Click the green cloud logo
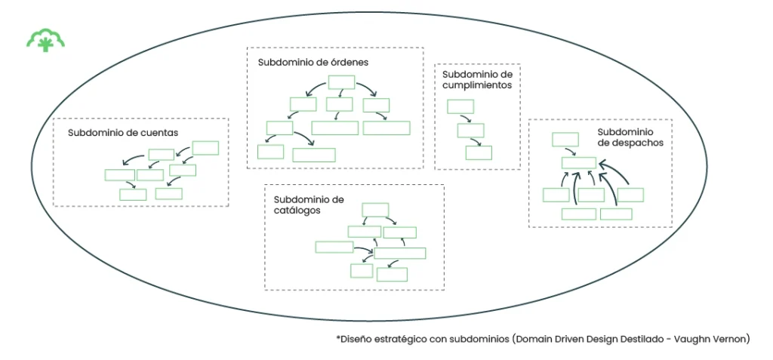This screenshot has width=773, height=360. [45, 40]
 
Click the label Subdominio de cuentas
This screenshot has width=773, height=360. [123, 133]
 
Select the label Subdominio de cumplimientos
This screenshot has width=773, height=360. [477, 80]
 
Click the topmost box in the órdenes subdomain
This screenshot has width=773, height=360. [340, 82]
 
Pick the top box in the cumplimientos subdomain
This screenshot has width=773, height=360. [460, 106]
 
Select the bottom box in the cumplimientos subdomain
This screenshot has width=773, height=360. [478, 153]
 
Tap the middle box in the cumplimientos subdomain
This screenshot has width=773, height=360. [470, 130]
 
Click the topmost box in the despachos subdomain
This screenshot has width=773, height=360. [565, 139]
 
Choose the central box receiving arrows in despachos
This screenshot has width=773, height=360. [578, 162]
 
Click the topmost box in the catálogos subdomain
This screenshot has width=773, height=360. [375, 209]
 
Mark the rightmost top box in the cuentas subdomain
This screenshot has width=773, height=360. [205, 148]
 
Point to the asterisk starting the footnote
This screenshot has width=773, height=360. [338, 338]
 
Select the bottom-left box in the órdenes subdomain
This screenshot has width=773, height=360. [270, 152]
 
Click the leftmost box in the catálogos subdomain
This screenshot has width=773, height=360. [334, 247]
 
